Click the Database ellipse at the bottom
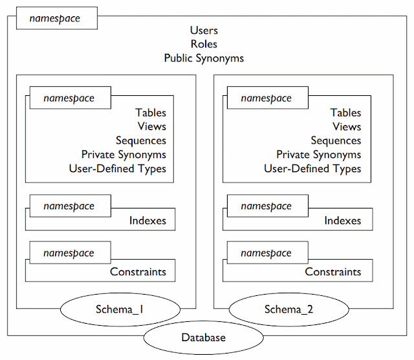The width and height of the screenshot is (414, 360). point(204,337)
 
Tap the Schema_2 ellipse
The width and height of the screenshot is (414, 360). point(289,309)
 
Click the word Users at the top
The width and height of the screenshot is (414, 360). point(204,30)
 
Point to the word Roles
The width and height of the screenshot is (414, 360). point(204,44)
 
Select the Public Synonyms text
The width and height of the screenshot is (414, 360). point(204,58)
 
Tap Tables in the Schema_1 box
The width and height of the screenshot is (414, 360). point(151,113)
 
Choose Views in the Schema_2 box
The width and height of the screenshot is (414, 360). point(347,127)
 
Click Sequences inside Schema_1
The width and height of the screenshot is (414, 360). point(141,141)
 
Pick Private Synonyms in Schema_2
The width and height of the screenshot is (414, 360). point(318,155)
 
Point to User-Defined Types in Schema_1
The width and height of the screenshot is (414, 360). point(117,169)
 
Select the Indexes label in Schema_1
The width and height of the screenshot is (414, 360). point(147,221)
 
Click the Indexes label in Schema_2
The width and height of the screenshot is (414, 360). point(343,221)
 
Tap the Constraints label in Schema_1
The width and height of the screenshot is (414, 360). point(138,272)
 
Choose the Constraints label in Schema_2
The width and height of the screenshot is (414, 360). point(333,272)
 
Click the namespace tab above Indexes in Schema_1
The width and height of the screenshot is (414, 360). point(69,206)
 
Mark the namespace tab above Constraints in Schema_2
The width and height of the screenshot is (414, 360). point(266,253)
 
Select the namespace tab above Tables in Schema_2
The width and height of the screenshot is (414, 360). point(266,98)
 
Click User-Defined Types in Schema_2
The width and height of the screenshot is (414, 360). point(312,169)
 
